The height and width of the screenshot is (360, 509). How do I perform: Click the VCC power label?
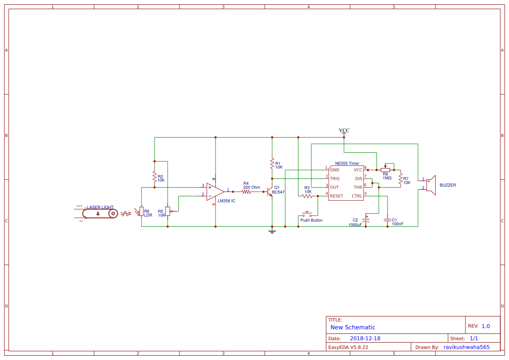pyautogui.click(x=344, y=131)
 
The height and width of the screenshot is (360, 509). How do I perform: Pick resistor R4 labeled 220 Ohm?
pyautogui.click(x=246, y=191)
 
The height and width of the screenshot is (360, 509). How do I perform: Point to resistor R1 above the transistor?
pyautogui.click(x=272, y=164)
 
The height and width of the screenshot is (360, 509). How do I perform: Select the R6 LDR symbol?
pyautogui.click(x=141, y=212)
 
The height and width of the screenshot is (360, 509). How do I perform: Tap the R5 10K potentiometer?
pyautogui.click(x=168, y=212)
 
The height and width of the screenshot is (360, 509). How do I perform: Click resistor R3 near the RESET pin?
pyautogui.click(x=307, y=196)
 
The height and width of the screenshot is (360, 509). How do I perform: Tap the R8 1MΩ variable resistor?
pyautogui.click(x=385, y=170)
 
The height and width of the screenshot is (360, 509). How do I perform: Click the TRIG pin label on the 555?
pyautogui.click(x=335, y=178)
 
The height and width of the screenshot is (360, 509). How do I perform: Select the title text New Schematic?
pyautogui.click(x=353, y=327)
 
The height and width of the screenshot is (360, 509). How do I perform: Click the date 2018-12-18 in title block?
pyautogui.click(x=365, y=338)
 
